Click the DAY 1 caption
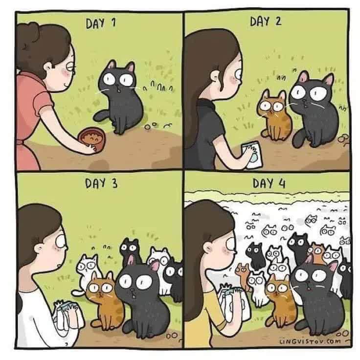pos(101,23)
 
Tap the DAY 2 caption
pos(266,22)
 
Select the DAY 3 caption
pos(101,183)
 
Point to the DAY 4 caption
pos(269,183)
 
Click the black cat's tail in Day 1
pos(101,116)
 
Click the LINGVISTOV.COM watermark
pos(310,341)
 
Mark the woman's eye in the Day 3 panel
pos(60,242)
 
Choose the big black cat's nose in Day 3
pos(133,291)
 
